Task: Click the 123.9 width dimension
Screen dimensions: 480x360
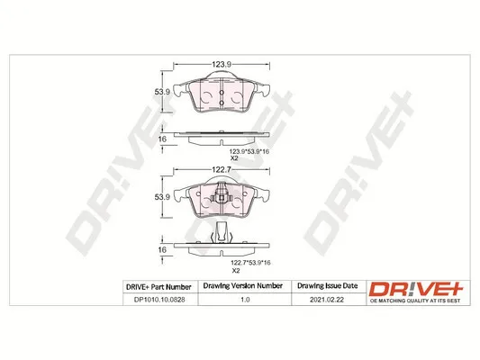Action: point(222,64)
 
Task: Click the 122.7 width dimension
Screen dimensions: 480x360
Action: point(222,169)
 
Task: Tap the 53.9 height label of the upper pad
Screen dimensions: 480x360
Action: point(162,92)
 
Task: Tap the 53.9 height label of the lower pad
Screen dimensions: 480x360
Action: point(162,197)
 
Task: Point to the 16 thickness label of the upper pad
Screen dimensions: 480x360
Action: point(162,139)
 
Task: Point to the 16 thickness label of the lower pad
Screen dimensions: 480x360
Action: point(162,249)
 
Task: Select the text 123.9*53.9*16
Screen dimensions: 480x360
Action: point(249,151)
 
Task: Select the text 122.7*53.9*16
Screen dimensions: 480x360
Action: point(250,263)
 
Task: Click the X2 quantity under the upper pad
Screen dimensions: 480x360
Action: point(234,158)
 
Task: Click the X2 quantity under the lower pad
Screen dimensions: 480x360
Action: point(236,270)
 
